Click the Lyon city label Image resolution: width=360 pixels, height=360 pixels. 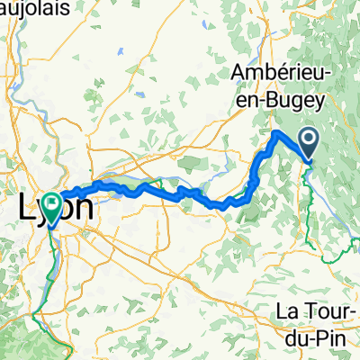56,208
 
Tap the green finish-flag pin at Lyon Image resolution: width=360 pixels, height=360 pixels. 51,206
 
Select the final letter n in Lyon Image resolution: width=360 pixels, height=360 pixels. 83,207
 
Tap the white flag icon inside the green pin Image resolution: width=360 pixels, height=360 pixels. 51,205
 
